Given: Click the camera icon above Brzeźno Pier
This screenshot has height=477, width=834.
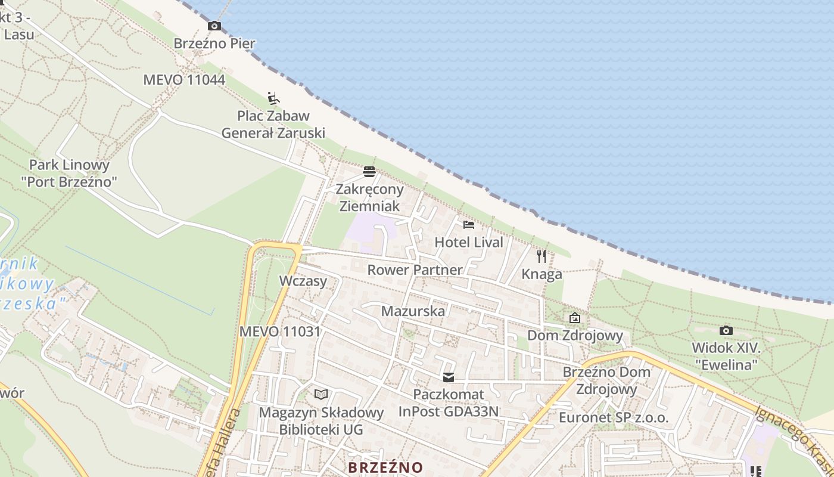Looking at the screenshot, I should point(214,26).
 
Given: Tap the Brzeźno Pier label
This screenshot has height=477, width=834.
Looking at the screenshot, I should point(214,44).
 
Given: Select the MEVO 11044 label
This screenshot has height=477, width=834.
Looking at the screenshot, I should point(184,80).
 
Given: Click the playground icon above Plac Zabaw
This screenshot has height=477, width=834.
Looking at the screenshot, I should point(273,98).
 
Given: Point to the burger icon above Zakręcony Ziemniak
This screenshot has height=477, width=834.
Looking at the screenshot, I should point(369,172).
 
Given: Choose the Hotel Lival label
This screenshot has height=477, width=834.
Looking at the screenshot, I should point(469,242).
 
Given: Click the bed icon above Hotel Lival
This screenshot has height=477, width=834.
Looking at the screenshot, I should point(469,225).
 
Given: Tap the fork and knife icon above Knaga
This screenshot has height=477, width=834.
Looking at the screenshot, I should point(542,256).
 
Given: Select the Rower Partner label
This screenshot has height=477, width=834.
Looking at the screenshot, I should point(415,270).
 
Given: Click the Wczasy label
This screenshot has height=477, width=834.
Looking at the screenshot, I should point(303,281).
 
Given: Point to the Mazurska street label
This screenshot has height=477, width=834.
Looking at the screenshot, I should point(413,311).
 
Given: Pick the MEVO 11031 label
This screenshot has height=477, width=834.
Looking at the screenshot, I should point(280,332).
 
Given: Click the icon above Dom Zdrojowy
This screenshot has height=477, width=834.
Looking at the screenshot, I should point(575,318).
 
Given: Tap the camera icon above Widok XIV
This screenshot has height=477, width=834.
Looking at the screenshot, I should point(726,330).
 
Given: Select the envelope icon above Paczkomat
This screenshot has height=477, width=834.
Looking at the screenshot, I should point(448,377).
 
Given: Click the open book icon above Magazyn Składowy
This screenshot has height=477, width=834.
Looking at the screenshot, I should point(321,394).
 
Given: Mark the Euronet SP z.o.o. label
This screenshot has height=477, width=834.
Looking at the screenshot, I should point(614,417).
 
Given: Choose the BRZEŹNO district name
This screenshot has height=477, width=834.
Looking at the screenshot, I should point(385,467).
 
